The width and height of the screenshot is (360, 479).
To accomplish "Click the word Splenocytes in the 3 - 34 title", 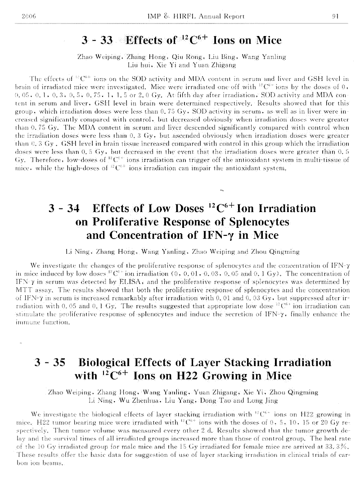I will (257, 222).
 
